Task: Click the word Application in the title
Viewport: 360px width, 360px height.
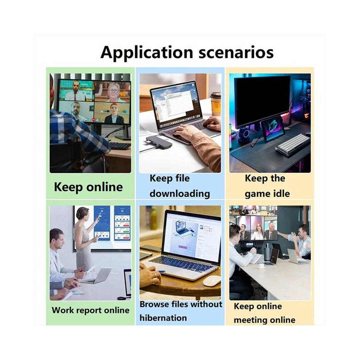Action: (x=147, y=53)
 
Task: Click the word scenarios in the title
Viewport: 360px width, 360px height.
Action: (x=236, y=53)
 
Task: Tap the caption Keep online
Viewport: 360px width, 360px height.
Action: (x=88, y=187)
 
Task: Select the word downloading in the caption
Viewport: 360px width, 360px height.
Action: (x=180, y=194)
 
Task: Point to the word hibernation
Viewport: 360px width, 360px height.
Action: (x=163, y=318)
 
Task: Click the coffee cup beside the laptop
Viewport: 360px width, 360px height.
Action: (x=216, y=104)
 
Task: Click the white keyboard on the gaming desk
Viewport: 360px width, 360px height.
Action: (x=292, y=144)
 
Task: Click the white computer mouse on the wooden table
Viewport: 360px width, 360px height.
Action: (x=211, y=281)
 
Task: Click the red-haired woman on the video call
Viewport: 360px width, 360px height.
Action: (x=114, y=114)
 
